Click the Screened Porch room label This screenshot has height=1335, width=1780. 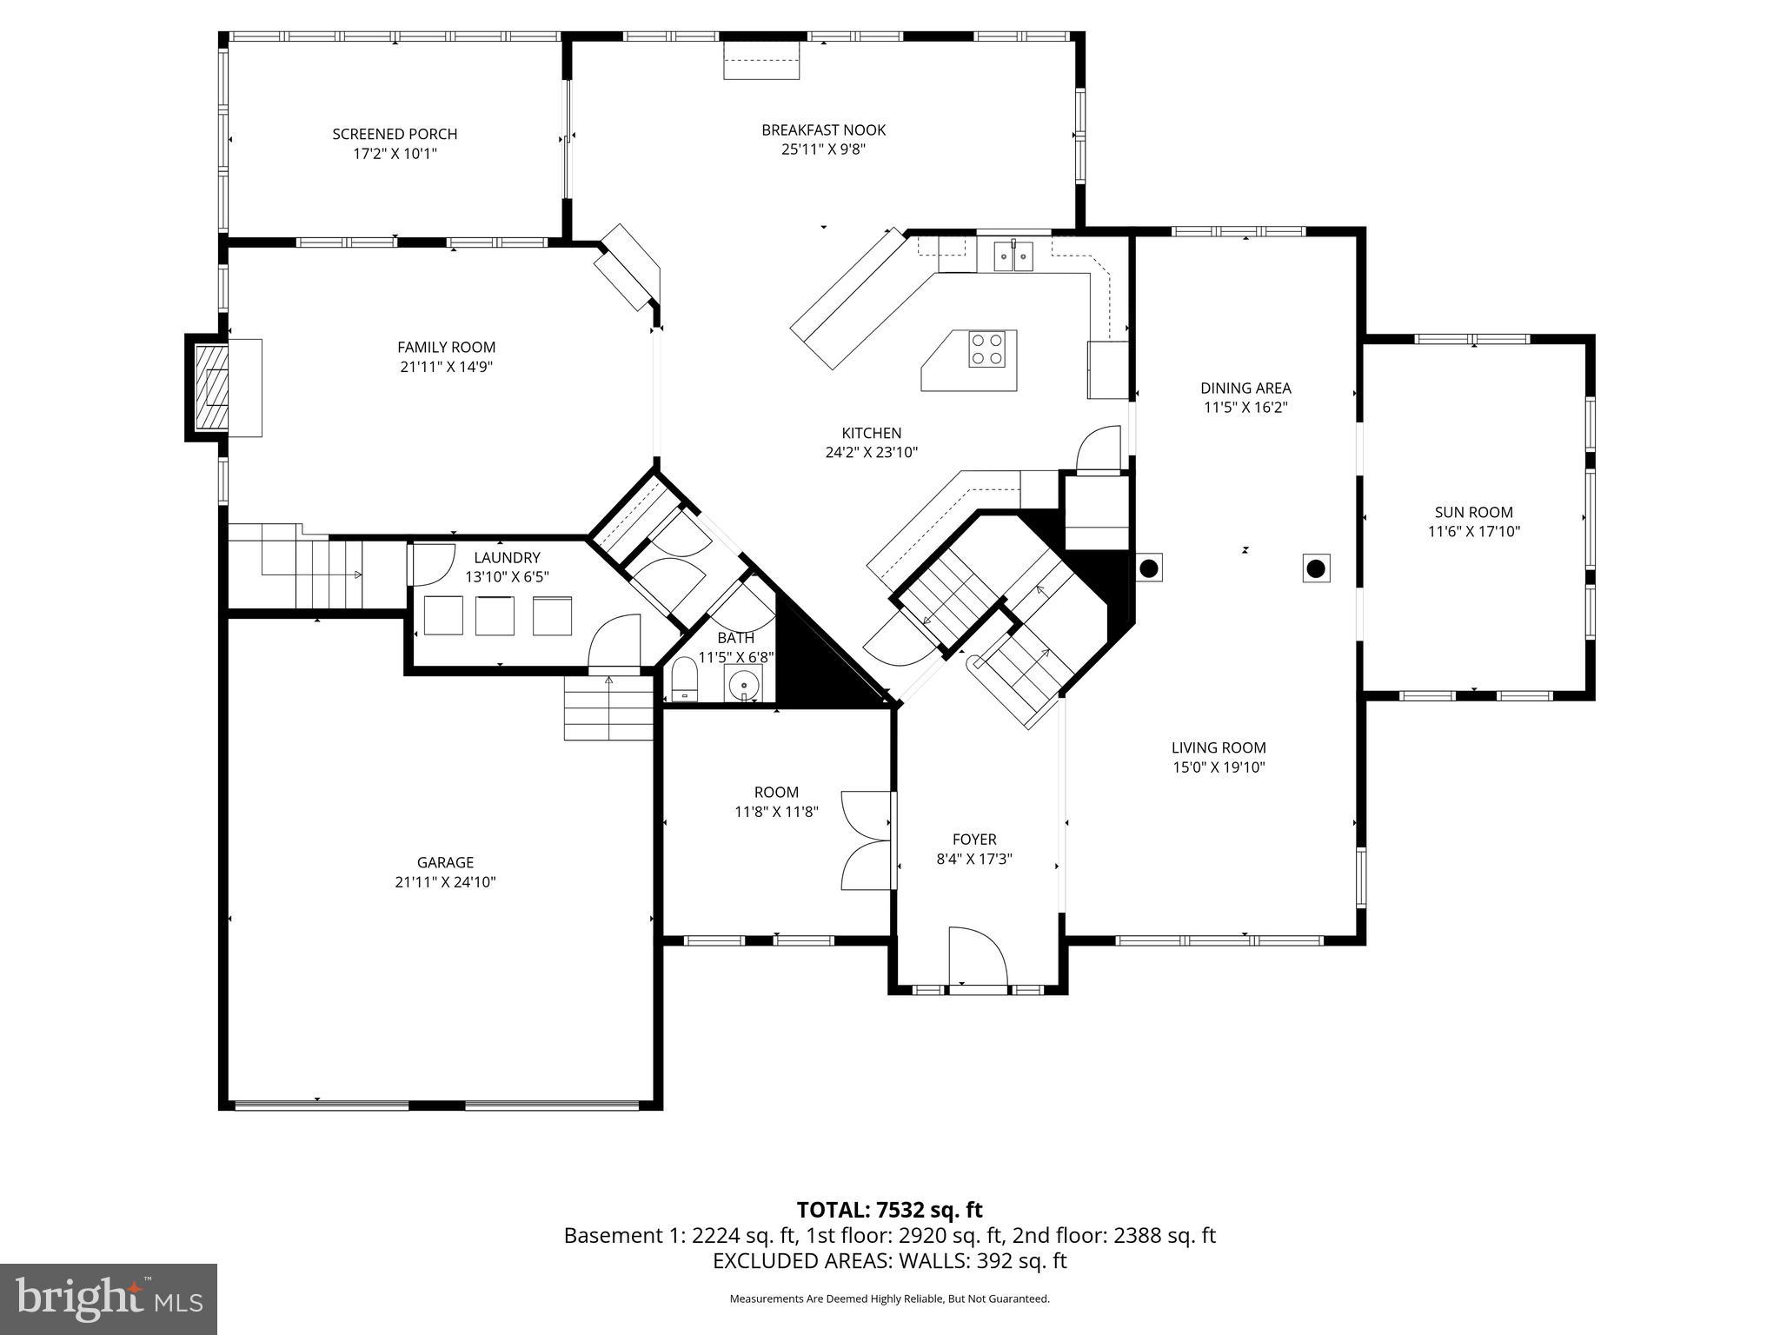click(395, 134)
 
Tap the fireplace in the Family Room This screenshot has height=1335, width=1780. click(211, 387)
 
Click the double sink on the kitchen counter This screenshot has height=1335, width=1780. click(1013, 256)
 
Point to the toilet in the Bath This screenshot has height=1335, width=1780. click(685, 679)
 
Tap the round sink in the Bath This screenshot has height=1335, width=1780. click(743, 684)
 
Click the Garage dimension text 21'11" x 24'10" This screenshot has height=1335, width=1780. click(445, 882)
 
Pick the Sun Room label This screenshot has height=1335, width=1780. click(1473, 513)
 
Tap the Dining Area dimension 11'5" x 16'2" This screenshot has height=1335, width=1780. click(1245, 407)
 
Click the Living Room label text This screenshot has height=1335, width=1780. click(1218, 747)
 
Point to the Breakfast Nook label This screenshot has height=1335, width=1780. click(823, 130)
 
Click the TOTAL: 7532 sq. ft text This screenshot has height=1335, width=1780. click(889, 1210)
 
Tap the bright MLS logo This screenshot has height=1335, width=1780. click(108, 1298)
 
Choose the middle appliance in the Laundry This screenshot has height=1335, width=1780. click(495, 616)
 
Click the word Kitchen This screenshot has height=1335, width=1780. click(871, 433)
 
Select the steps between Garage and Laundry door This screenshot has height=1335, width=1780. click(608, 707)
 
